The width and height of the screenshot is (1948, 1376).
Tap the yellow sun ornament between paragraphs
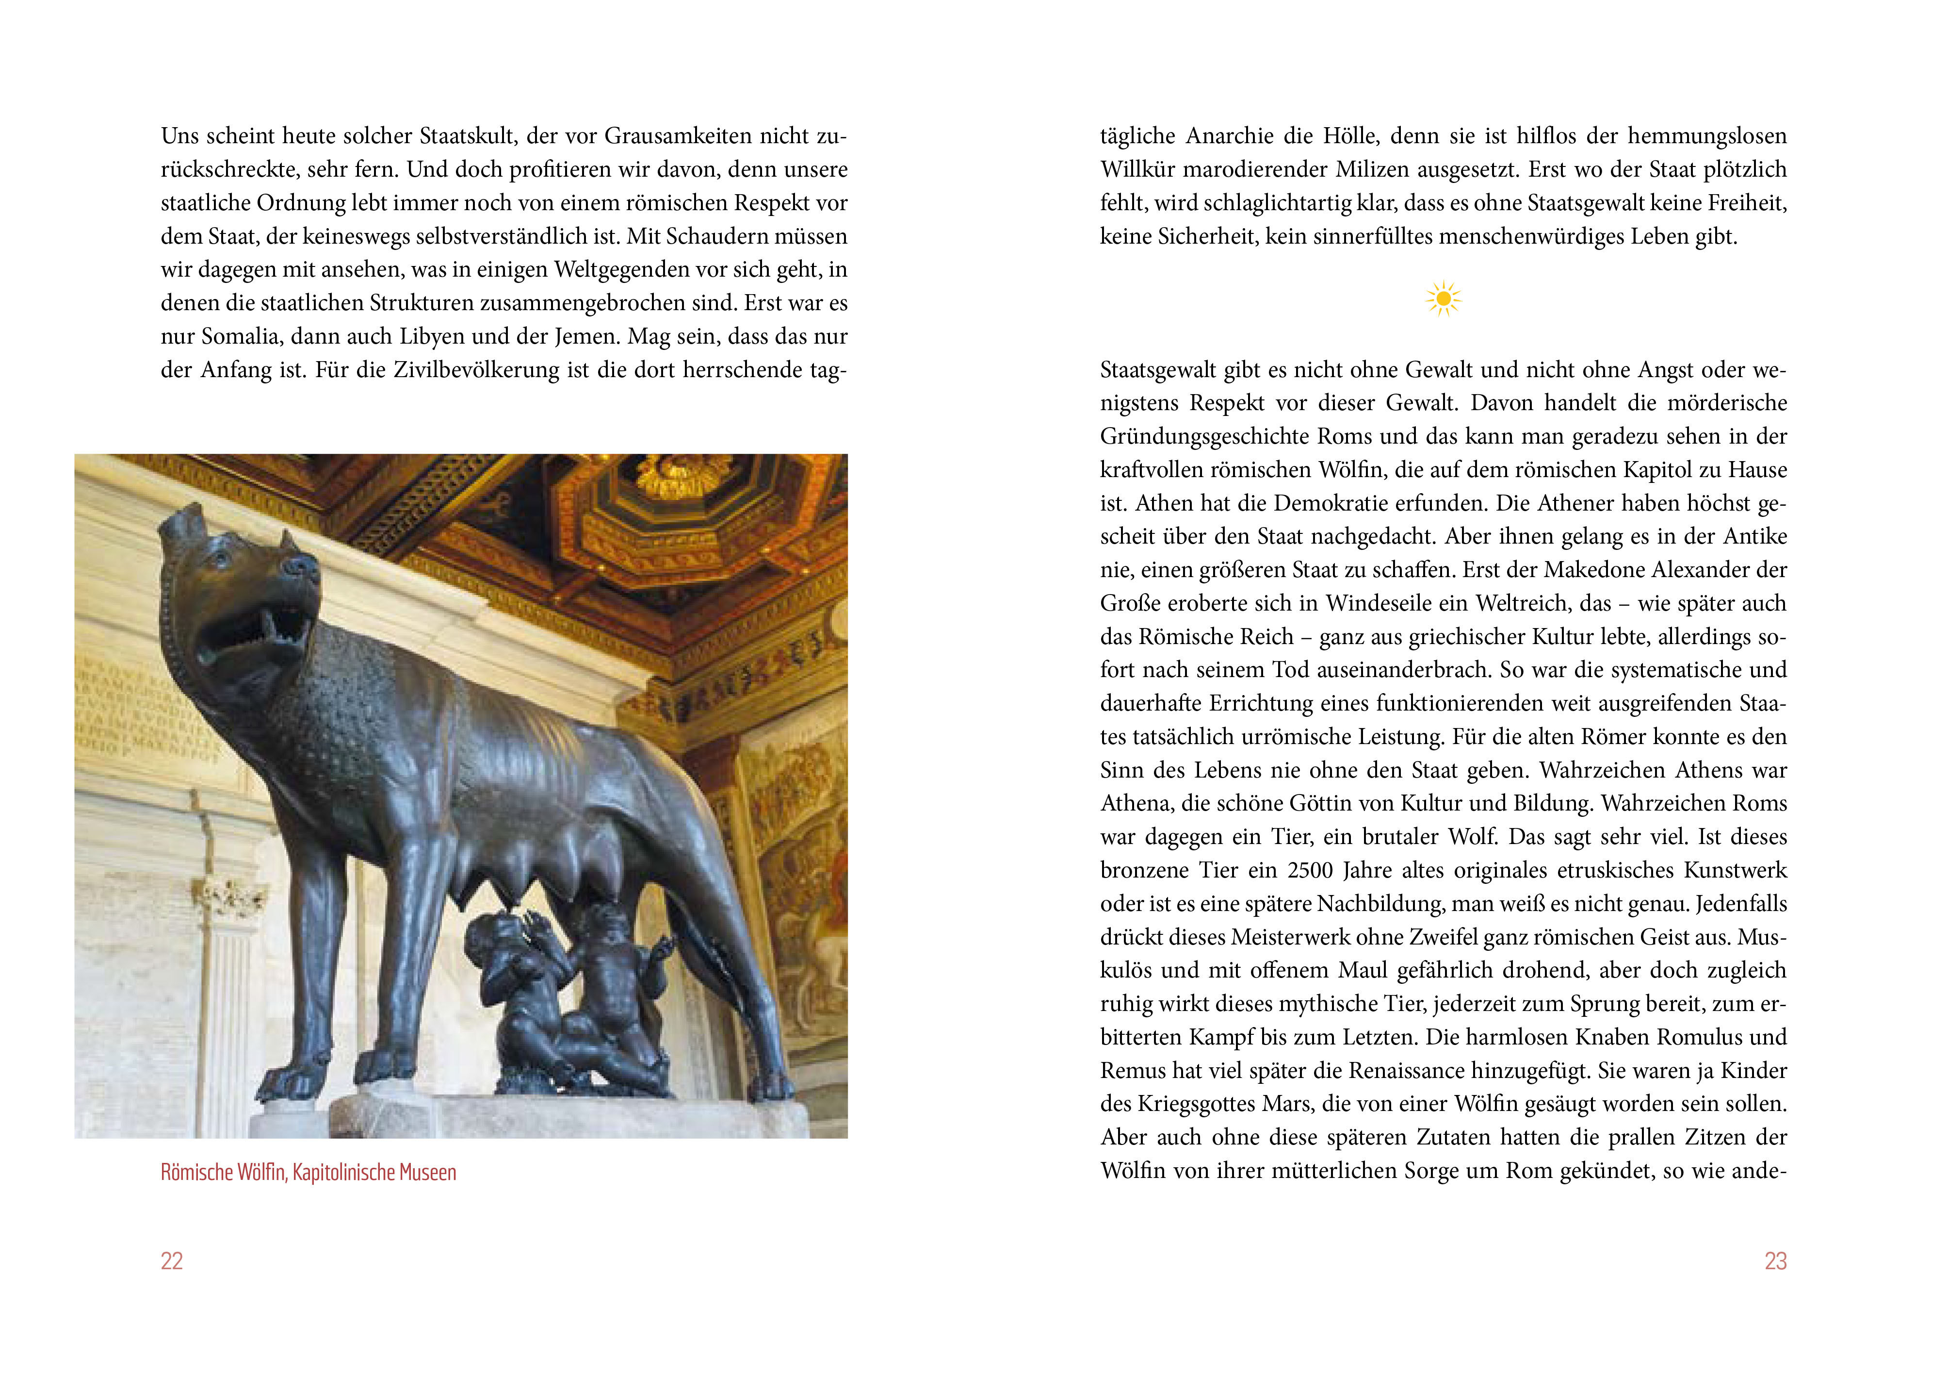[x=1443, y=299]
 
